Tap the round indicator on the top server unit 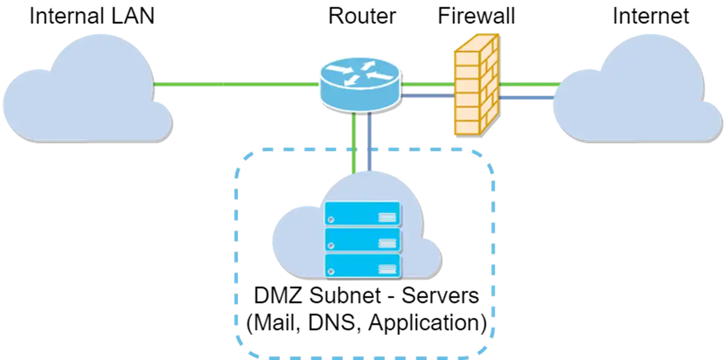tap(331, 219)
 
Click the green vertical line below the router tap(353, 142)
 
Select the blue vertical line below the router tap(369, 142)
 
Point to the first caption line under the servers tap(366, 296)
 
